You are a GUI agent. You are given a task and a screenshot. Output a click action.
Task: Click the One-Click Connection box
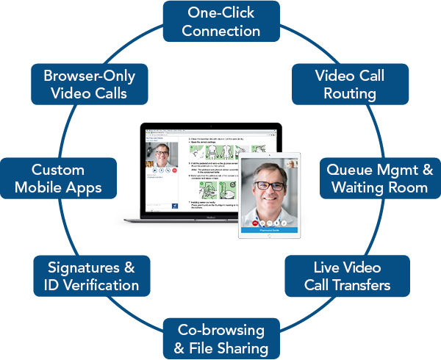tap(220, 21)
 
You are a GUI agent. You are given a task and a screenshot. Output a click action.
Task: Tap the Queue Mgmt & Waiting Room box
tap(379, 179)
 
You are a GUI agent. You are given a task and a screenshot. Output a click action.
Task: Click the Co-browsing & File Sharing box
tap(220, 338)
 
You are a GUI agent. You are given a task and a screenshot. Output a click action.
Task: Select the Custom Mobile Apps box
tap(58, 179)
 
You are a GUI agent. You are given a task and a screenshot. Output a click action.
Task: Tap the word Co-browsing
tap(220, 329)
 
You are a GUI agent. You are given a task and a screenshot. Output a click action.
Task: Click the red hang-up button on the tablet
tap(255, 220)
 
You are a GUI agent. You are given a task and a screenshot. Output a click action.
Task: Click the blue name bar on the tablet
tap(268, 229)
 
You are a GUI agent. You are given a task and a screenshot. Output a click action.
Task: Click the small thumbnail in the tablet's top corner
tap(293, 164)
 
